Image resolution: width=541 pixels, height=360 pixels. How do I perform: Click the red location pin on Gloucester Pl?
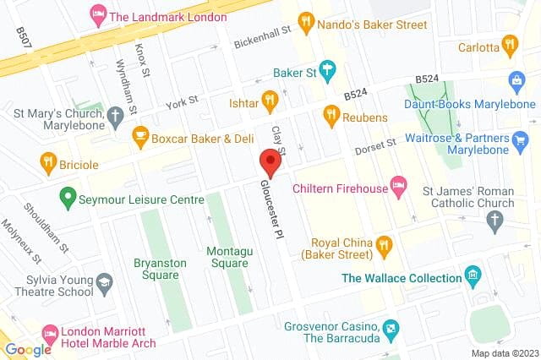coord(270,161)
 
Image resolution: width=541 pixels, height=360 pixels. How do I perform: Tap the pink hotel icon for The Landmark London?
coord(97,16)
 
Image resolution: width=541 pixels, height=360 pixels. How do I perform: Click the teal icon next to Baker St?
coord(329,72)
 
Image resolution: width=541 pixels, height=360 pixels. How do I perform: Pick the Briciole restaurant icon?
coord(48,161)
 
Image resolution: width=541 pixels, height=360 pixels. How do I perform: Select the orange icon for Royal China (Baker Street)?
coord(385,246)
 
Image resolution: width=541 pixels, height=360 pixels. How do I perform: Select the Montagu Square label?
coord(227,257)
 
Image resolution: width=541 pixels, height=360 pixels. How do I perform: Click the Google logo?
coord(27,349)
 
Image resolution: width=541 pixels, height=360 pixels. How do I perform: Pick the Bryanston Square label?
coord(159,268)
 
